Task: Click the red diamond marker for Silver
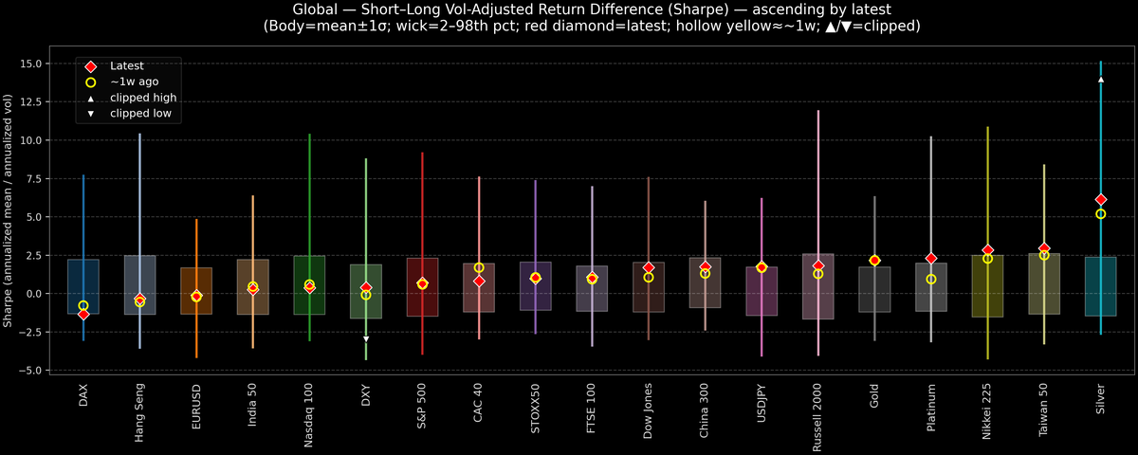(1100, 199)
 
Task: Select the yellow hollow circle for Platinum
(931, 279)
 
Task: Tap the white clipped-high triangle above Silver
(1100, 80)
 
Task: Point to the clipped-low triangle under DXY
(366, 338)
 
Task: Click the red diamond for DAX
(83, 314)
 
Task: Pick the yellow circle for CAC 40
(479, 267)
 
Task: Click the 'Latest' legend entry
(124, 66)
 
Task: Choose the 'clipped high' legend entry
(142, 98)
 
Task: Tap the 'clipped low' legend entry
(140, 114)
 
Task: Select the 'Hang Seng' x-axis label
(140, 410)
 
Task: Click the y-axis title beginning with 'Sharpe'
(9, 211)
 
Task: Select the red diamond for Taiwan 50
(1044, 248)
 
